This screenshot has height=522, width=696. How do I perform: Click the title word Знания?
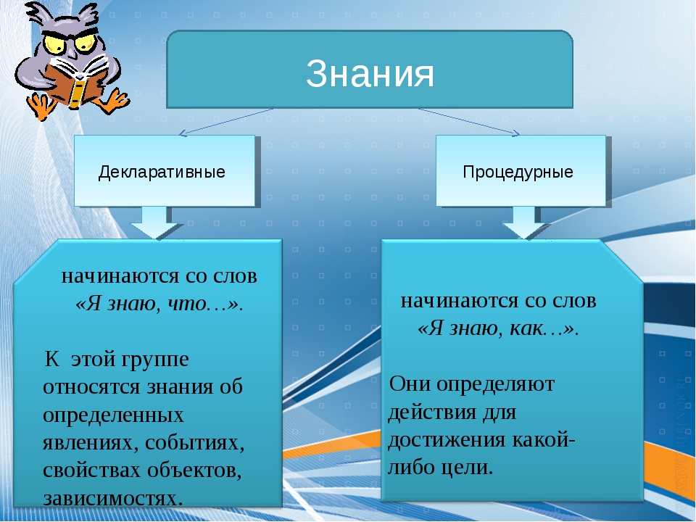pyautogui.click(x=370, y=73)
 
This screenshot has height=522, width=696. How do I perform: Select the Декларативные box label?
pyautogui.click(x=162, y=173)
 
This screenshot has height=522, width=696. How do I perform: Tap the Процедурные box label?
pyautogui.click(x=518, y=173)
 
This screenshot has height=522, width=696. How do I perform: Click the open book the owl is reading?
pyautogui.click(x=75, y=82)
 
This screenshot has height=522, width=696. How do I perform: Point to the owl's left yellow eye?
pyautogui.click(x=54, y=44)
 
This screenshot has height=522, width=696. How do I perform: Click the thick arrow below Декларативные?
pyautogui.click(x=154, y=223)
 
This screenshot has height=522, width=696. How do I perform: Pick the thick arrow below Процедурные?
pyautogui.click(x=525, y=223)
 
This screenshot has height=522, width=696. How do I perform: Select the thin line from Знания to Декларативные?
pyautogui.click(x=226, y=122)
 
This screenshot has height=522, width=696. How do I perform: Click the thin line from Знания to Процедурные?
pyautogui.click(x=469, y=122)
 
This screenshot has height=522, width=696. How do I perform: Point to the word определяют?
pyautogui.click(x=496, y=385)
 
